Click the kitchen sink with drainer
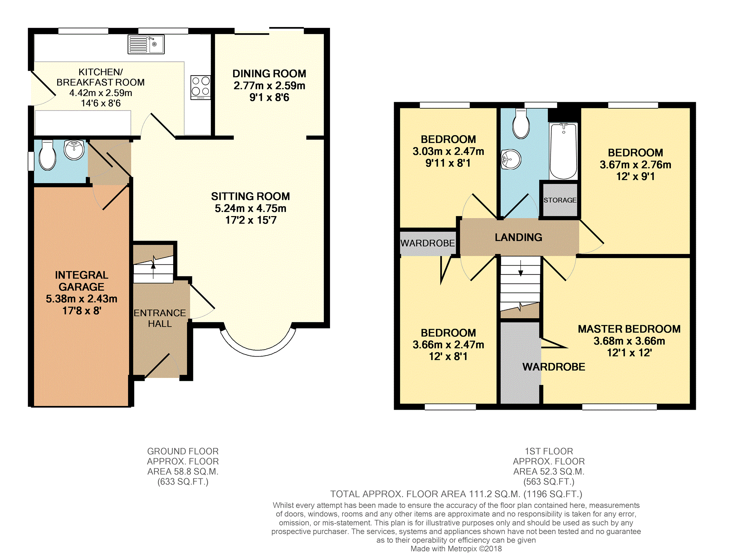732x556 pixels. [146, 44]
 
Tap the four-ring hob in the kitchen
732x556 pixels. [201, 87]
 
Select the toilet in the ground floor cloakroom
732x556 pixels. [47, 155]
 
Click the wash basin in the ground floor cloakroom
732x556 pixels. [74, 150]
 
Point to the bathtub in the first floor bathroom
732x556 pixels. [563, 151]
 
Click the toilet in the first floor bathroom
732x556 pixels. [521, 124]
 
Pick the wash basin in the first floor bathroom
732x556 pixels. [510, 159]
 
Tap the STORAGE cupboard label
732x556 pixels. [560, 200]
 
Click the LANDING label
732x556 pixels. [518, 237]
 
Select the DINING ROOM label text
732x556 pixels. [269, 74]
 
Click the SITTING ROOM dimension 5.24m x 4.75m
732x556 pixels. [251, 208]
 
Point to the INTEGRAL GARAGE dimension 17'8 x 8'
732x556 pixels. [82, 311]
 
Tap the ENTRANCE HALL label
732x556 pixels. [160, 318]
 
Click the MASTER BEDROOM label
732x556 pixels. [629, 329]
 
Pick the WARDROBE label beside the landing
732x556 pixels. [428, 243]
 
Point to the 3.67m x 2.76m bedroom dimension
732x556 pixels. [635, 165]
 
